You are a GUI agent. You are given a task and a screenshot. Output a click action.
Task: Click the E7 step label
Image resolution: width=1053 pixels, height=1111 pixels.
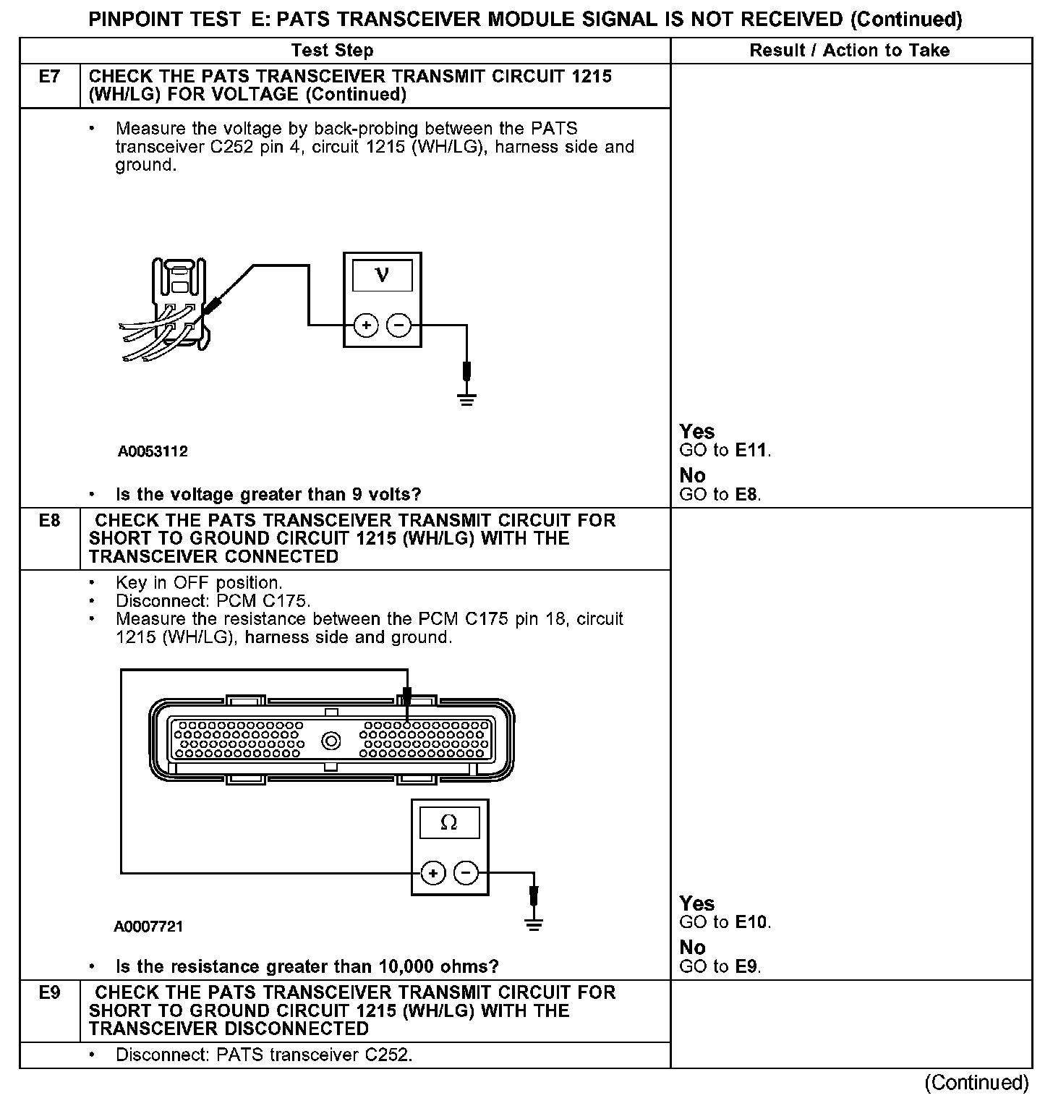click(49, 76)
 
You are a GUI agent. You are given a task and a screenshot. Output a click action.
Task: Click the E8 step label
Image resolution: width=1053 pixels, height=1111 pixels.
click(49, 520)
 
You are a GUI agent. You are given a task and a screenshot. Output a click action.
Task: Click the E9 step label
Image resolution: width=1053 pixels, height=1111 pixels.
click(49, 992)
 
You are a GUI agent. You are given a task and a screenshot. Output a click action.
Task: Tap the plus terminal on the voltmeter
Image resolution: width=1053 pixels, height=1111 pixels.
click(366, 325)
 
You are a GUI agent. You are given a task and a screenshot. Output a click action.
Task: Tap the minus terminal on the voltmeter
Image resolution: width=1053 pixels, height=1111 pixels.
click(398, 325)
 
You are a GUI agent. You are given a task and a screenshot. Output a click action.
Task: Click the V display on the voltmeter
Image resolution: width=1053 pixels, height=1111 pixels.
click(382, 275)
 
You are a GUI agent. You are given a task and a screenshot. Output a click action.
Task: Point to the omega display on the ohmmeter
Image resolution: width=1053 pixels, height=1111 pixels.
click(449, 822)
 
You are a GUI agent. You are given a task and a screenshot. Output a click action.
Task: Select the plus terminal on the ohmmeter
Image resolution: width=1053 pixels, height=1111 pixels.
click(432, 873)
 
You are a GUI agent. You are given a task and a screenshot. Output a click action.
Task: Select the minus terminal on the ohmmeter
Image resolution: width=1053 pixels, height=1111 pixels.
click(466, 873)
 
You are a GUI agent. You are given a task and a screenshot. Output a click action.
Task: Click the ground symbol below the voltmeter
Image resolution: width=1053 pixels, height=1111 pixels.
click(467, 399)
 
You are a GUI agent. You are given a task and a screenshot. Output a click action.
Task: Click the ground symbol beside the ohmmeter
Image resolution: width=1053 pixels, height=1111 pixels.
click(534, 924)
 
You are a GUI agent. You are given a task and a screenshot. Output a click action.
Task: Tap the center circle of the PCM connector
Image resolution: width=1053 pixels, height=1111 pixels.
click(332, 741)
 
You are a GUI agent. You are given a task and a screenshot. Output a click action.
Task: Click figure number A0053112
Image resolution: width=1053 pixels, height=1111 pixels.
click(153, 451)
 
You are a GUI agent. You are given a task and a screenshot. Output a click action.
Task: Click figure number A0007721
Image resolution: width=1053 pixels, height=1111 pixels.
click(148, 927)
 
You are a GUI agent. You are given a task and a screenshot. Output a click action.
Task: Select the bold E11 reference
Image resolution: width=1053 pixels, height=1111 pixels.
click(751, 450)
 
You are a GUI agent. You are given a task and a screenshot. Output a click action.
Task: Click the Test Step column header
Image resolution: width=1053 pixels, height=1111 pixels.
click(332, 51)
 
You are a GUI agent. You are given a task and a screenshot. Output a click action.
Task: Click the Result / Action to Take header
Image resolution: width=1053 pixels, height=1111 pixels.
click(850, 51)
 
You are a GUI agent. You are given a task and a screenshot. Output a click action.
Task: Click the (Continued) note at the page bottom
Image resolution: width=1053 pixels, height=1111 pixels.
click(976, 1082)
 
